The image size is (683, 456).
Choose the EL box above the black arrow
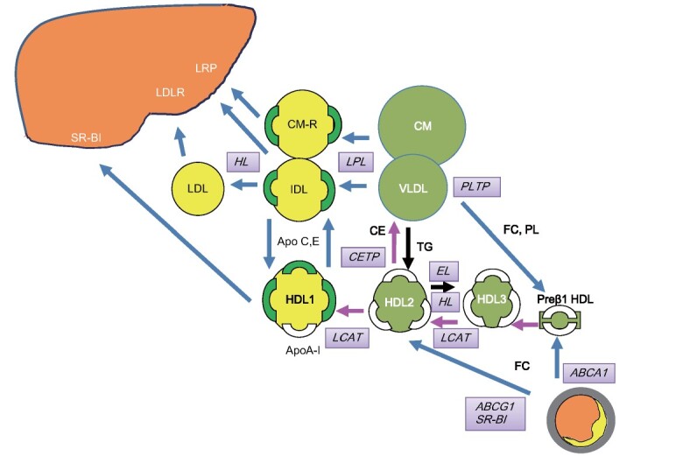[443, 270]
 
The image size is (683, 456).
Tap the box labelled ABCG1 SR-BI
[494, 412]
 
